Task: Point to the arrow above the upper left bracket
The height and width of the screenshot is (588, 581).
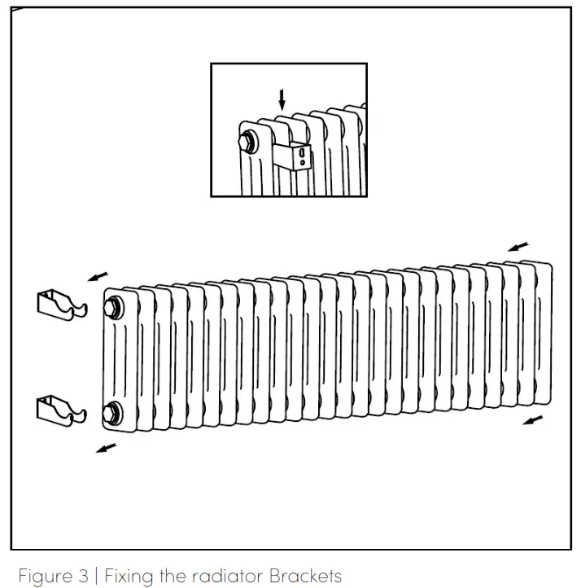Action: (x=99, y=277)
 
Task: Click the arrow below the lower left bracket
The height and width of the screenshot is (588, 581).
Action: (x=106, y=447)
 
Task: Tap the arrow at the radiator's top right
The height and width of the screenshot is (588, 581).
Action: (x=518, y=245)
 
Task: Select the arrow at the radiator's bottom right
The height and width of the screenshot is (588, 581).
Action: (x=532, y=420)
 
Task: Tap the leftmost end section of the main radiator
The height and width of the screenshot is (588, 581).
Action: (x=118, y=358)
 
